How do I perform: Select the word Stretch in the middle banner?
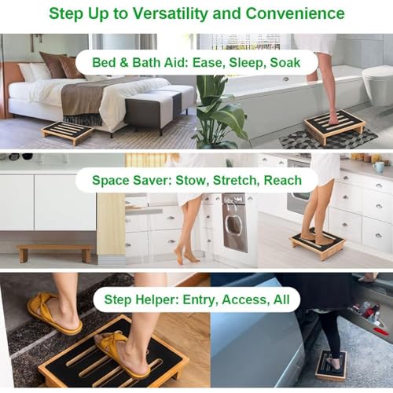(234, 180)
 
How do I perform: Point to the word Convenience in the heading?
(295, 13)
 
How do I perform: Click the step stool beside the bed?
(68, 132)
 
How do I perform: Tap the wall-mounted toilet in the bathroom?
(378, 84)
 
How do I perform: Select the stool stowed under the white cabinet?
(54, 252)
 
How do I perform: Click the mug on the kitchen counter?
(378, 167)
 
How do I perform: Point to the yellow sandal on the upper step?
(54, 313)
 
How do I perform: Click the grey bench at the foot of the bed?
(160, 109)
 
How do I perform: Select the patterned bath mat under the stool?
(329, 138)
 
